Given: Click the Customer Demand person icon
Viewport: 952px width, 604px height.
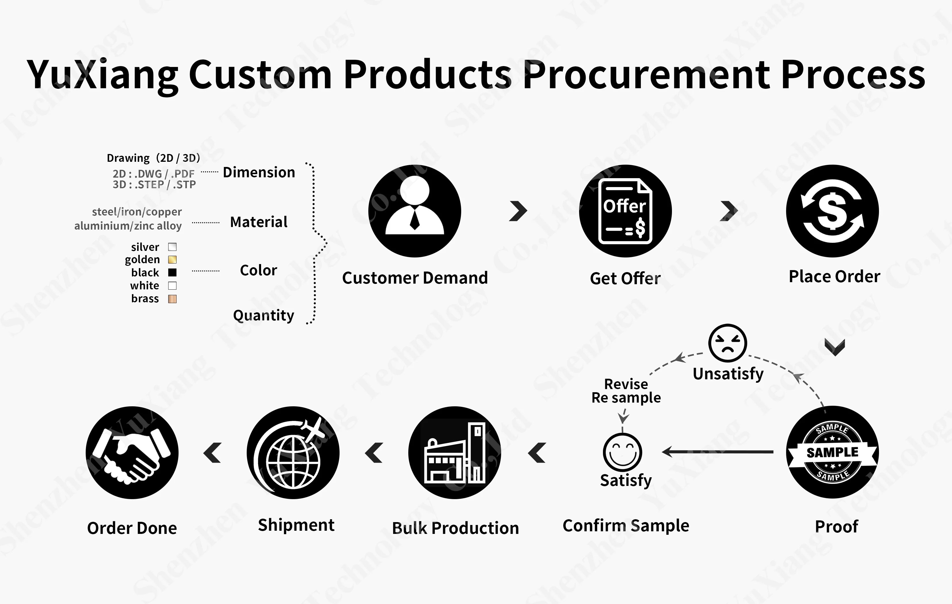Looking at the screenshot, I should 414,211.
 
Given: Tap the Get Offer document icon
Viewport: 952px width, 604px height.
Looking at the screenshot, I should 625,211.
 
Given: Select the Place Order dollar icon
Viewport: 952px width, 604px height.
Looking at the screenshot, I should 832,211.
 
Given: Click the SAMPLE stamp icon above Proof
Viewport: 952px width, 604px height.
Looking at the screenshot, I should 832,452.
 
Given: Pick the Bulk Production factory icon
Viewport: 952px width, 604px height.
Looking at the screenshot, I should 454,453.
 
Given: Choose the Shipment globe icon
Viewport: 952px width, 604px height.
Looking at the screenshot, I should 293,453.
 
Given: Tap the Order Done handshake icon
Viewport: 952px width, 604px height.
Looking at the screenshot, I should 132,453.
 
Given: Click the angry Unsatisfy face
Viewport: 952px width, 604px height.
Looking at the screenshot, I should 727,343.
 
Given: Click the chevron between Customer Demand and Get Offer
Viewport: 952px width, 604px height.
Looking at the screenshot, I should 518,211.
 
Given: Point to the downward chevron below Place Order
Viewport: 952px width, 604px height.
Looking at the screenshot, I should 835,347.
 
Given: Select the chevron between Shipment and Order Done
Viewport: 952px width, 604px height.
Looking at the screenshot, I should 213,453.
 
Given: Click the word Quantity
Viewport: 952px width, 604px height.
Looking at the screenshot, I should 263,315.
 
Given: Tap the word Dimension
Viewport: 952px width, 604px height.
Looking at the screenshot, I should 259,173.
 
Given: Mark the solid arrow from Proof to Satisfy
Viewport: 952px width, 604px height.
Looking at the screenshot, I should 718,451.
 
